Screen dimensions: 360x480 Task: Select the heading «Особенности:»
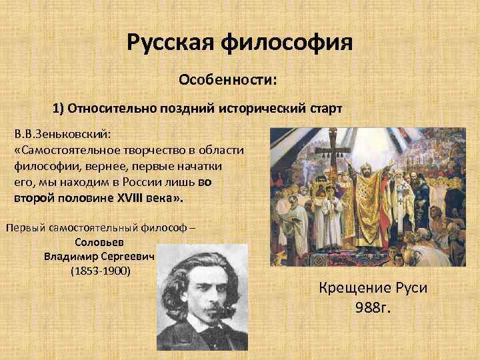tap(227, 81)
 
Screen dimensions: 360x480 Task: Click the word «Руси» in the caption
tap(410, 290)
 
